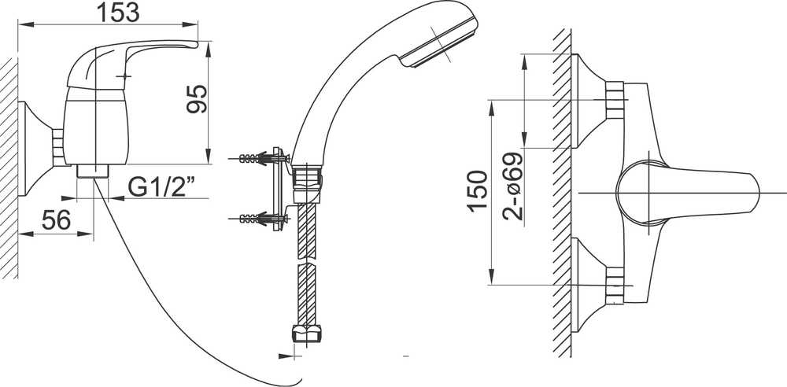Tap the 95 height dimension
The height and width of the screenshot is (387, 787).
click(x=197, y=99)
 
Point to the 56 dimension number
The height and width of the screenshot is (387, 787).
click(x=56, y=220)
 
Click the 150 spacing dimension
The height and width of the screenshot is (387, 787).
click(x=478, y=191)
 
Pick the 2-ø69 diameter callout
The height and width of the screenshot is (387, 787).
click(x=512, y=186)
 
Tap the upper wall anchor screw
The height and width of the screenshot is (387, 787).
click(x=262, y=159)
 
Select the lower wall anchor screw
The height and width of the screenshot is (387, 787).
click(x=262, y=219)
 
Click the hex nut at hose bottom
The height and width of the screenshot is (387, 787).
click(x=306, y=334)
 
